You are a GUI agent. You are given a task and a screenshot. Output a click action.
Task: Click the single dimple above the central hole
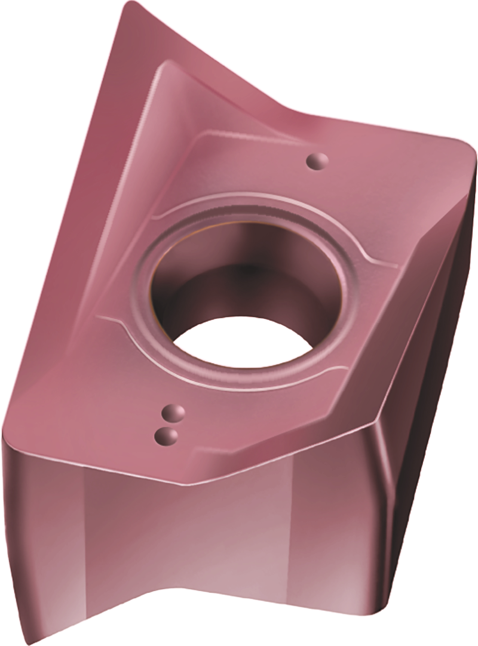click(317, 160)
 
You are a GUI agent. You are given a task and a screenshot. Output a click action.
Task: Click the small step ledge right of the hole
click(382, 263)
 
